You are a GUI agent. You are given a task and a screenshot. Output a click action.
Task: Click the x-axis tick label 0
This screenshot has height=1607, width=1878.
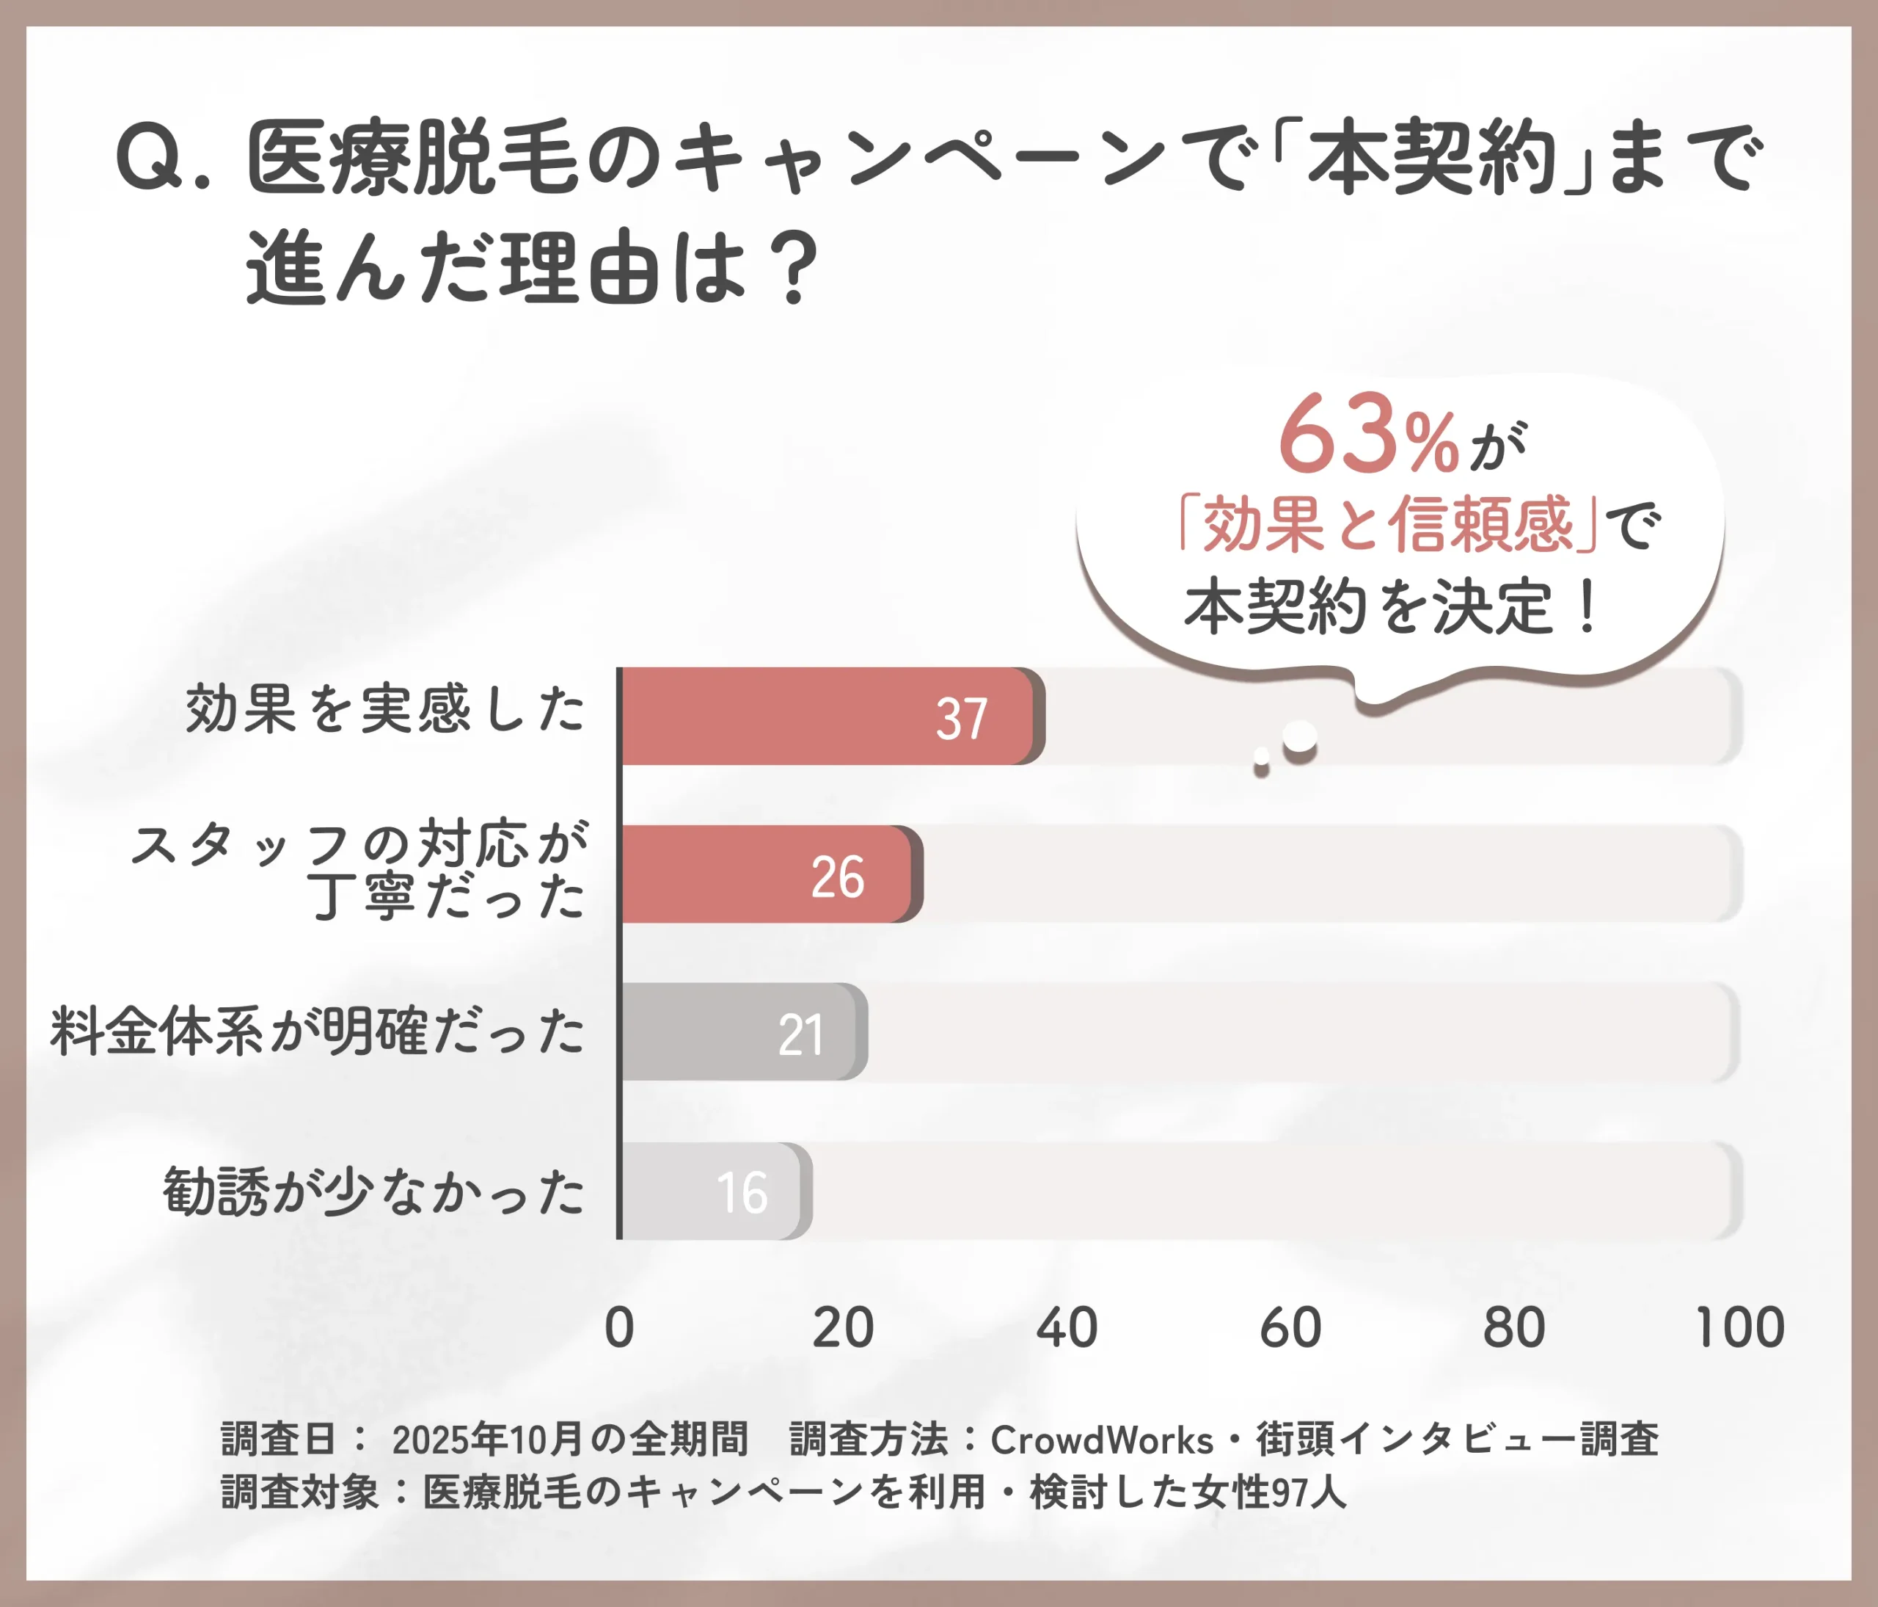[619, 1328]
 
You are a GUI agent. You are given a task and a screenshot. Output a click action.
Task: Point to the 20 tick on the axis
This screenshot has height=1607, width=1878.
[842, 1328]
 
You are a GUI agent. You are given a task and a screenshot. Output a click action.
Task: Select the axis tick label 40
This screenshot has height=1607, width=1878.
[1066, 1328]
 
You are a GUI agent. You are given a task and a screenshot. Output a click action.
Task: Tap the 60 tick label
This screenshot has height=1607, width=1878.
[1290, 1328]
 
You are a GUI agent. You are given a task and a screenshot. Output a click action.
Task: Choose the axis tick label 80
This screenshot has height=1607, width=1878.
[1513, 1328]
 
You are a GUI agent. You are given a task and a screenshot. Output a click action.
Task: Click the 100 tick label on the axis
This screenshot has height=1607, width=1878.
[1739, 1328]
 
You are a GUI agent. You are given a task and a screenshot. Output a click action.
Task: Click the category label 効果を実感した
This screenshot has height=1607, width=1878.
[385, 709]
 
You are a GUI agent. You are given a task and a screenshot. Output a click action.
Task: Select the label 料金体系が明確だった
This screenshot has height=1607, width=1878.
[317, 1031]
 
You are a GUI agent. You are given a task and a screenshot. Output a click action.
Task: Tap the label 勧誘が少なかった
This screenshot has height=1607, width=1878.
[373, 1191]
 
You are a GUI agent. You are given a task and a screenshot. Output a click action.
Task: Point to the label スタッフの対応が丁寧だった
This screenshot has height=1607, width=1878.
[361, 871]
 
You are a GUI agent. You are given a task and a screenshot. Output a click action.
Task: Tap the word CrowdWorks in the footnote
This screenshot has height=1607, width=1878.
[1101, 1440]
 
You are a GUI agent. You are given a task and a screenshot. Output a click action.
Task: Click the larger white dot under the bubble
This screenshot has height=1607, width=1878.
[1300, 736]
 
